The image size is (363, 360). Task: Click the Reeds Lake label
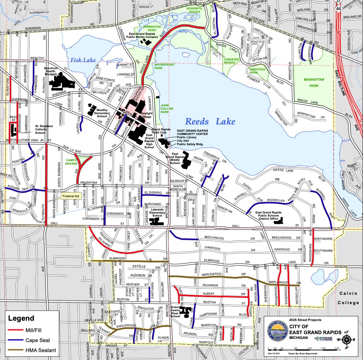[x=210, y=121]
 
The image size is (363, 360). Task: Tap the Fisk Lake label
[x=83, y=60]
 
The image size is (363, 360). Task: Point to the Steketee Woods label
[x=230, y=61]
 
